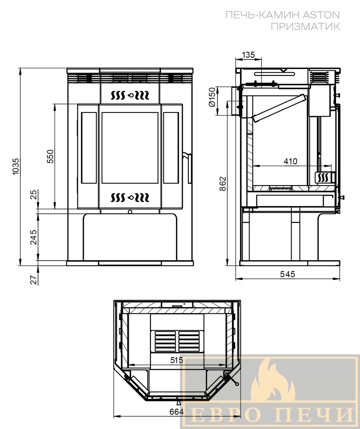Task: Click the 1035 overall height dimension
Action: [16, 166]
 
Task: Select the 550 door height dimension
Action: [50, 156]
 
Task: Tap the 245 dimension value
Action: [33, 237]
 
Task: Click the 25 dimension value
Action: [33, 195]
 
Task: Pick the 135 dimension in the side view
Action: [248, 55]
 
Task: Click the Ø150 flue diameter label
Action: [212, 97]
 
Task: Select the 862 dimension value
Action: [223, 184]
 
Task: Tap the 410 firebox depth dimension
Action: [290, 161]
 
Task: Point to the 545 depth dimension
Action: [288, 274]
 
